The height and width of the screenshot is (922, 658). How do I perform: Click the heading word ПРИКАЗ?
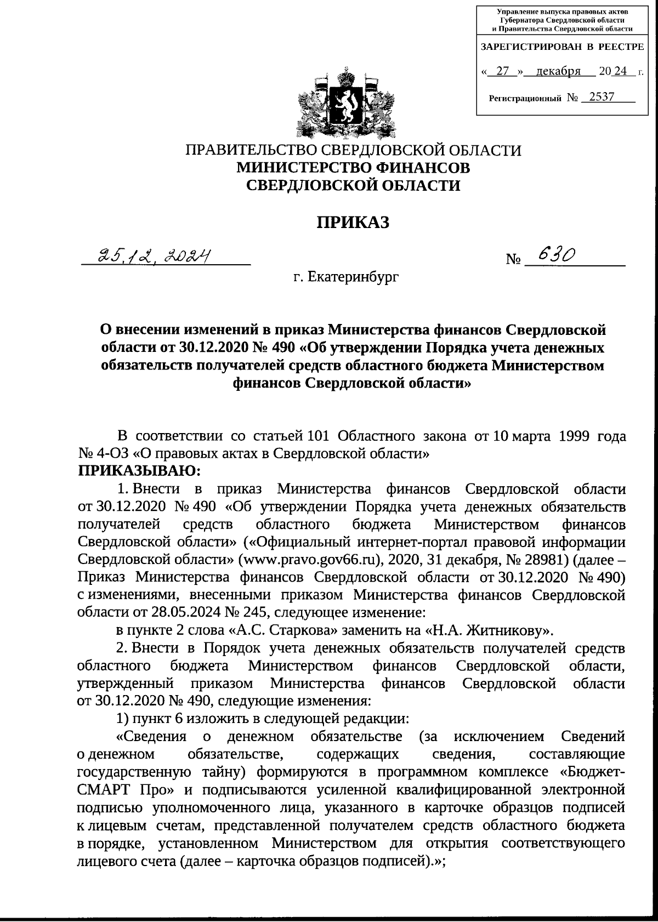pyautogui.click(x=353, y=222)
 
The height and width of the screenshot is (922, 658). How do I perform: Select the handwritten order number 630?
pyautogui.click(x=556, y=254)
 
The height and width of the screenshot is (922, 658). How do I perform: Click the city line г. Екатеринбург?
pyautogui.click(x=345, y=277)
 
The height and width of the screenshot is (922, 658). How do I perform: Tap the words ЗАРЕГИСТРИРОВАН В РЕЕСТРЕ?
pyautogui.click(x=562, y=47)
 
